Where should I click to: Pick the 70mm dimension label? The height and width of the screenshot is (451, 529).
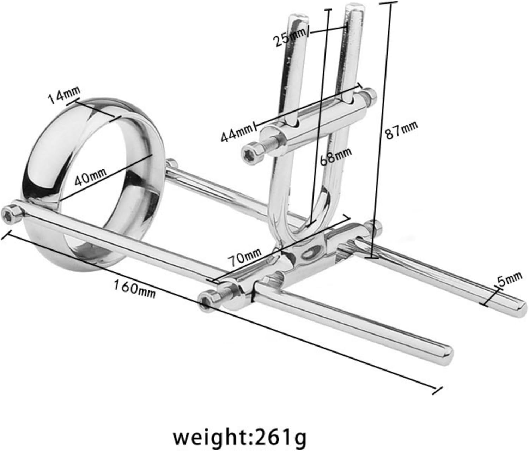pyautogui.click(x=244, y=257)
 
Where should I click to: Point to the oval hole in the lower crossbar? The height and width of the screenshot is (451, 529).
pyautogui.click(x=311, y=252)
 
